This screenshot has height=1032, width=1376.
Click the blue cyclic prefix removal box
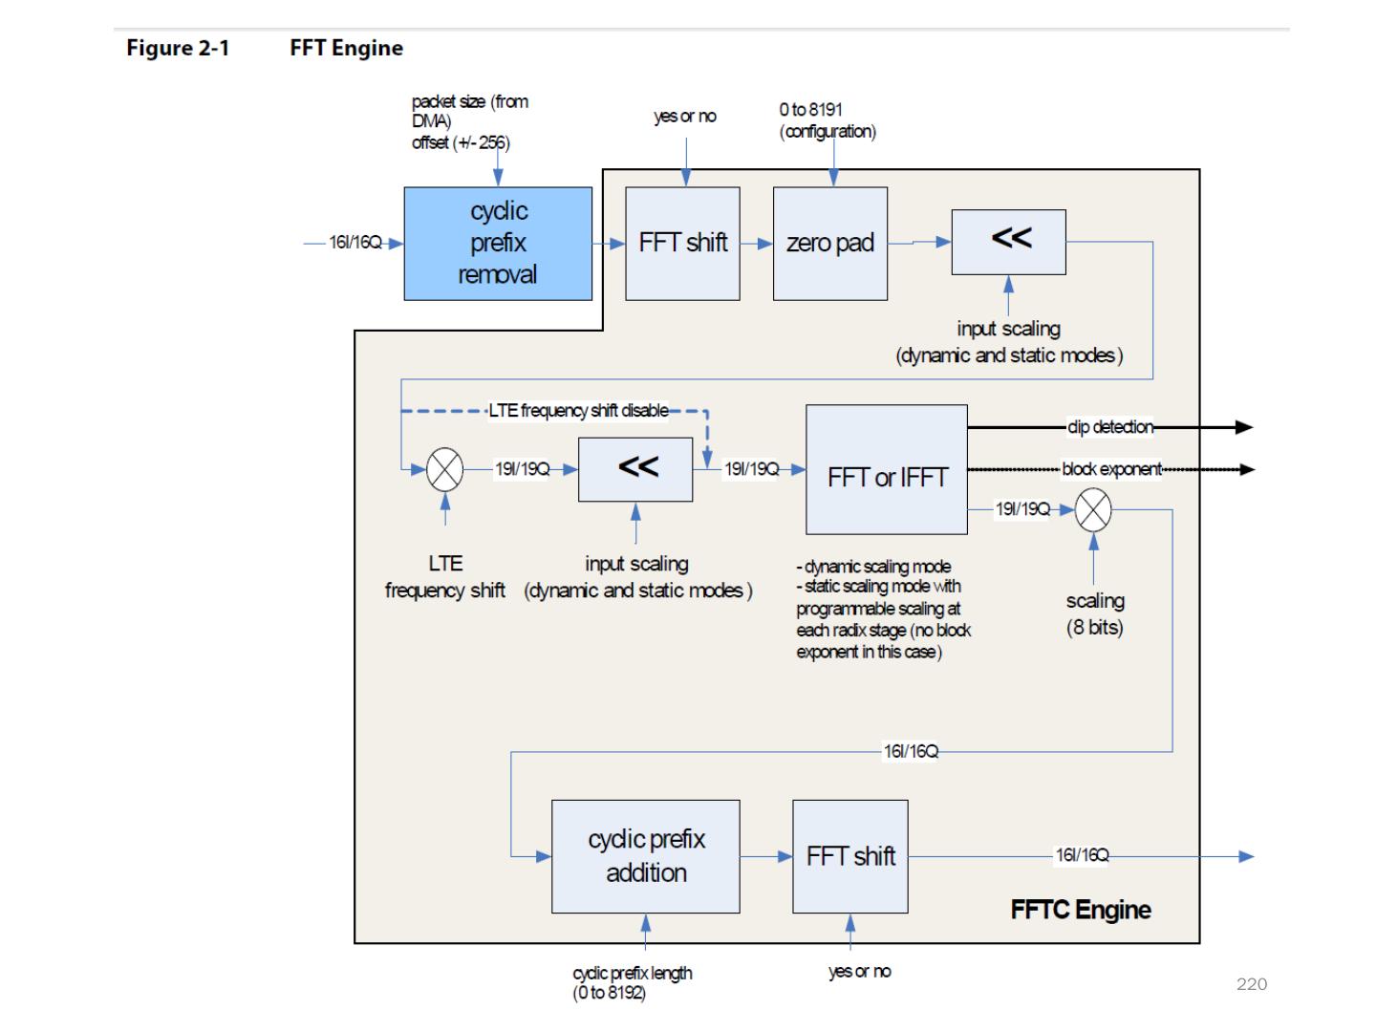(498, 244)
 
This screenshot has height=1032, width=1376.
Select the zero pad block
(829, 244)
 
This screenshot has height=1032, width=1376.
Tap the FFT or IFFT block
(887, 469)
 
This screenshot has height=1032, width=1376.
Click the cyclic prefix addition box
(646, 856)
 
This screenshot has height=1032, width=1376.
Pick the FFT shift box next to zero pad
(682, 244)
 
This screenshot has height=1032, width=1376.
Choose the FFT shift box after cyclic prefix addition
(850, 856)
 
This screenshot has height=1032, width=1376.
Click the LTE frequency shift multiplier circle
(444, 469)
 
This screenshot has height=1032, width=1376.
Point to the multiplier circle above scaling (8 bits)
(1093, 509)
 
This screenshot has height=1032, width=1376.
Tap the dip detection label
(1110, 427)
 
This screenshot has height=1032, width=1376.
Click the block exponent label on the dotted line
(1111, 469)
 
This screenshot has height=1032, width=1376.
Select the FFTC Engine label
(1080, 910)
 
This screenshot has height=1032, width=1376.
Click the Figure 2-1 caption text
(178, 48)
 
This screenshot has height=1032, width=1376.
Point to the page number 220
(1252, 984)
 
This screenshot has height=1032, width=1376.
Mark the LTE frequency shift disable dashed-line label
(578, 411)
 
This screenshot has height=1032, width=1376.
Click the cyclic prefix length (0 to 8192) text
(632, 982)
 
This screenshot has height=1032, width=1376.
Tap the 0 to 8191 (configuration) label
(827, 120)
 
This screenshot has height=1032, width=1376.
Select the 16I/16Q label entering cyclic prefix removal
(355, 243)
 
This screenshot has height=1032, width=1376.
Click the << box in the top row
(1008, 242)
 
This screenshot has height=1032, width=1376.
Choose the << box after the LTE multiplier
(635, 469)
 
